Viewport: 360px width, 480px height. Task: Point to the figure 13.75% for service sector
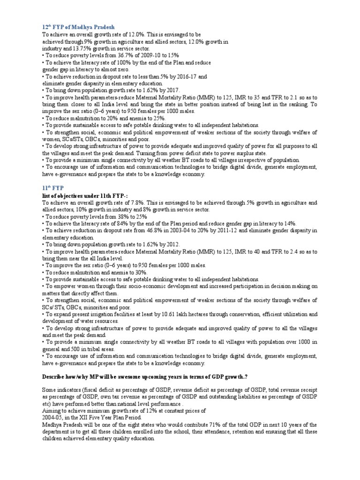coord(75,48)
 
